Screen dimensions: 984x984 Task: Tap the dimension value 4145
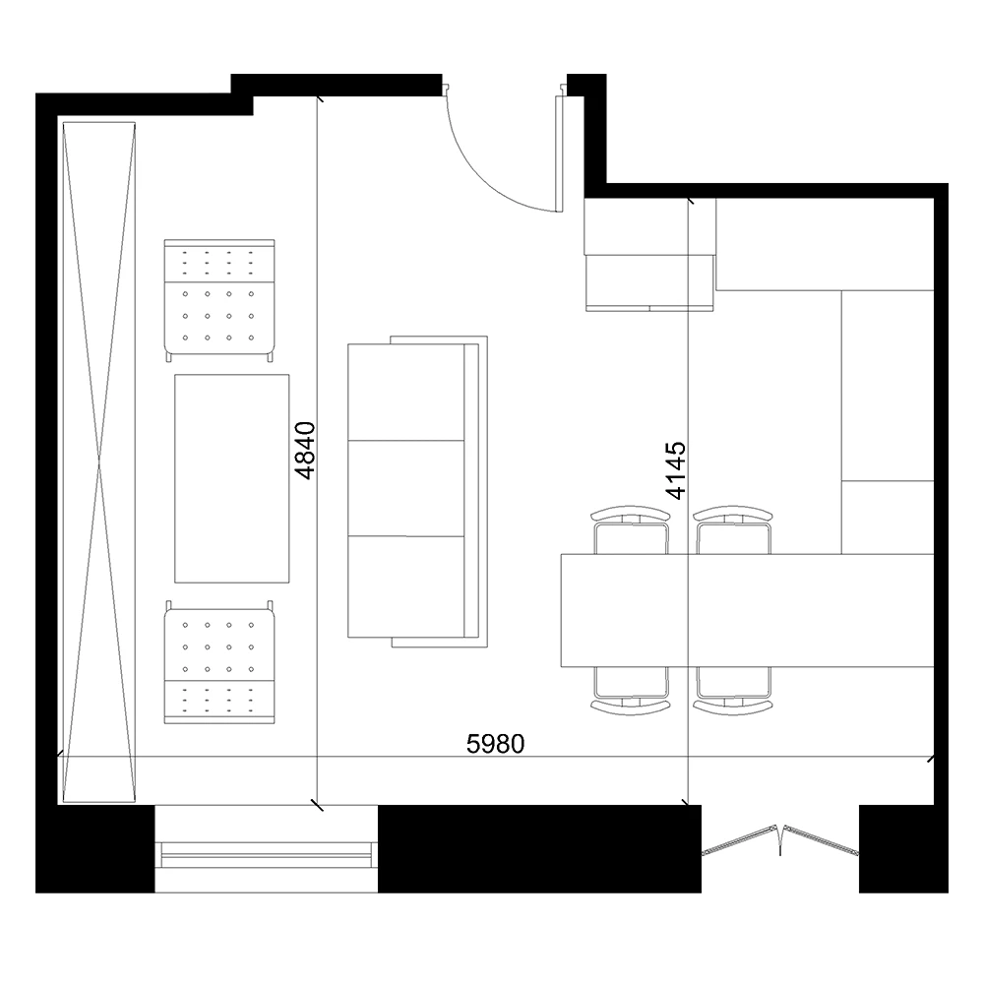(676, 470)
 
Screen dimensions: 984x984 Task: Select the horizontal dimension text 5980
(495, 744)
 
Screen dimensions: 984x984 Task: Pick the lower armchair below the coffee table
(218, 664)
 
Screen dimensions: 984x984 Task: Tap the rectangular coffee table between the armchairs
(231, 477)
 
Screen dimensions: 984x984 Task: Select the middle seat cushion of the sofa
(406, 488)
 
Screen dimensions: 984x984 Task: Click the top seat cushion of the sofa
(406, 393)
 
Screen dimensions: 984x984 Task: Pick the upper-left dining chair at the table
(632, 531)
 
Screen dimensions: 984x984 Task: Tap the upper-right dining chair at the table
(733, 531)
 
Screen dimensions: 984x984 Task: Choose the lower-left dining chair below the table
(632, 689)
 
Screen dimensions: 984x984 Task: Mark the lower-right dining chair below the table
(733, 689)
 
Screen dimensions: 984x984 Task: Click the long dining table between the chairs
(746, 610)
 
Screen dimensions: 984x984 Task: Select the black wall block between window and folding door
(539, 848)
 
